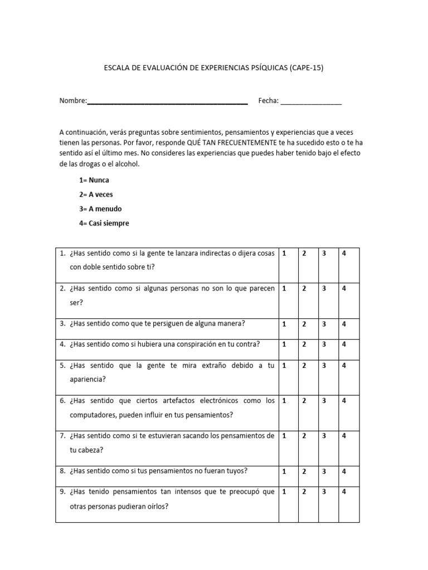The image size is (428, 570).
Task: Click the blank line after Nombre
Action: point(167,103)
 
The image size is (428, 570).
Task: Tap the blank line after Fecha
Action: point(311,103)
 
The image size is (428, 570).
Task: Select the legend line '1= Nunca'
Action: point(94,180)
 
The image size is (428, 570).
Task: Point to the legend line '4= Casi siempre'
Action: point(104,223)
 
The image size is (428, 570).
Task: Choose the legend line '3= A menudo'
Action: point(101,209)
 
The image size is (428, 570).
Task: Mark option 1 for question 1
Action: point(284,253)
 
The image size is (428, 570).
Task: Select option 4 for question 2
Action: point(344,288)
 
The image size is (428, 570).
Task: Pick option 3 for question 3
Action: point(324,323)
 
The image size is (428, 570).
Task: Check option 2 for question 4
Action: point(304,344)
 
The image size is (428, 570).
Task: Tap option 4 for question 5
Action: point(344,366)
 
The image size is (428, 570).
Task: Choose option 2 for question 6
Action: point(304,401)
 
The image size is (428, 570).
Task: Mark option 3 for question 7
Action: point(324,436)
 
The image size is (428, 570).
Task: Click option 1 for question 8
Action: point(284,471)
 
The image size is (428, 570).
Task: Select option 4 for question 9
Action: point(344,492)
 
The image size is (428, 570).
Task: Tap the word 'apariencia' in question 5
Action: point(87,380)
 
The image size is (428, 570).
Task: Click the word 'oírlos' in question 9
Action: point(158,506)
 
